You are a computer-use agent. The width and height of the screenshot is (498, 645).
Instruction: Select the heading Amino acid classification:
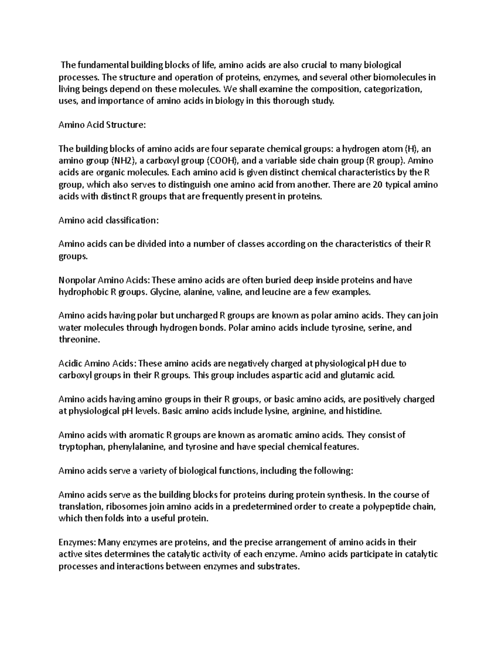tap(108, 221)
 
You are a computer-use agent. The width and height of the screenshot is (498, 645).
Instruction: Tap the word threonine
tap(79, 340)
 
